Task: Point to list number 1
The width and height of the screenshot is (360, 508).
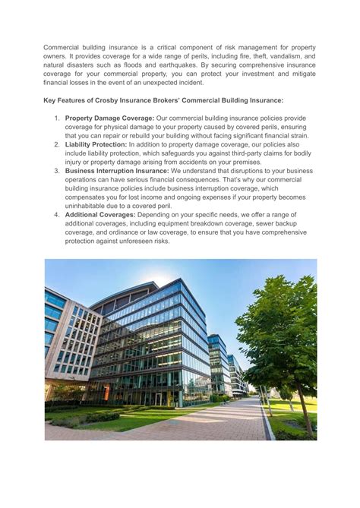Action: [x=56, y=118]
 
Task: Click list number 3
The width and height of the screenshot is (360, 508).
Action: [x=56, y=171]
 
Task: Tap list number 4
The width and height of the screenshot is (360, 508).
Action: [x=56, y=215]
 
